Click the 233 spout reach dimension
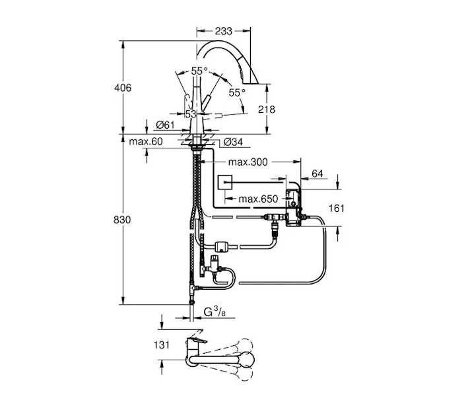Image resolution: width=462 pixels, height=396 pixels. click(x=224, y=30)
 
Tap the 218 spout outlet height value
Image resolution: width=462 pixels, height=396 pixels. click(x=266, y=110)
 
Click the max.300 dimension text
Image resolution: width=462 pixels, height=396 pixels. click(x=247, y=162)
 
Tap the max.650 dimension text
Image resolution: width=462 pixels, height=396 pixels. click(x=258, y=198)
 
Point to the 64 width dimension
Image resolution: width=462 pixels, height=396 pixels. click(x=317, y=174)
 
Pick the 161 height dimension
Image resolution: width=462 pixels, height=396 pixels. click(x=337, y=209)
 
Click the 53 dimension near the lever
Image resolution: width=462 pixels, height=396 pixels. click(x=190, y=114)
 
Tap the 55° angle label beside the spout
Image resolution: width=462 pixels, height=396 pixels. click(x=237, y=92)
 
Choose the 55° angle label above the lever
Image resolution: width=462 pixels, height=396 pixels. click(x=199, y=71)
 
